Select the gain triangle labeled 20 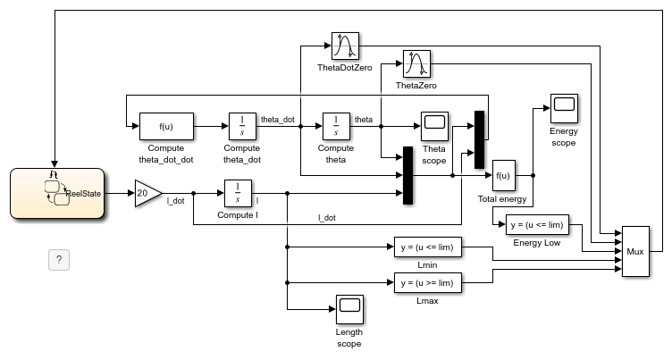point(147,192)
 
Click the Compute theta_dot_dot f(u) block point(165,127)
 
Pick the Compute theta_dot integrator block point(242,127)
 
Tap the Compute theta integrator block point(336,127)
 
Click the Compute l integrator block point(237,192)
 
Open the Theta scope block point(434,127)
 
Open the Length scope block point(349,308)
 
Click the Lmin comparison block point(427,247)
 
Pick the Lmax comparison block point(427,283)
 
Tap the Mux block point(636,253)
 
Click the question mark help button point(59,260)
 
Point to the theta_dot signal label point(277,119)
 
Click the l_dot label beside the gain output point(176,202)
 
